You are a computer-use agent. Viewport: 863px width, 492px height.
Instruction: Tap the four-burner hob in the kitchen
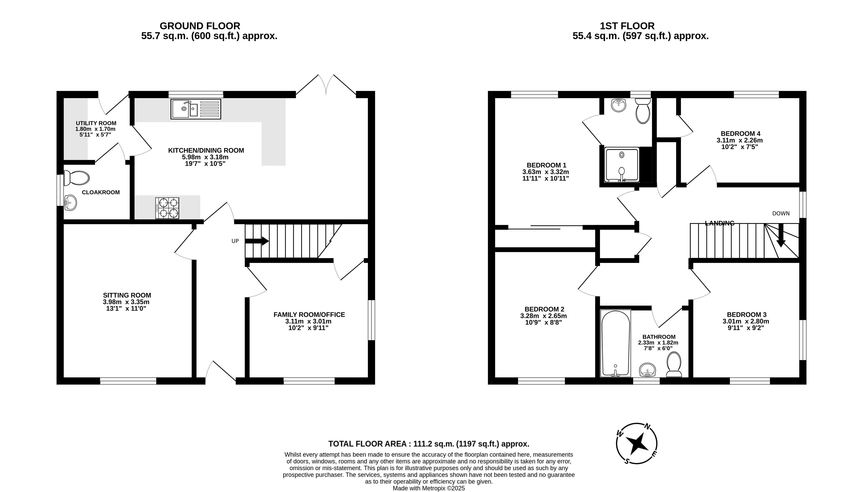(x=167, y=208)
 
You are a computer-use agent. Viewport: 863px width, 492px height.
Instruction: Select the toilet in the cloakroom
(x=76, y=178)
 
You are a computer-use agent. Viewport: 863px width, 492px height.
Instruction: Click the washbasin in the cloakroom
(x=70, y=203)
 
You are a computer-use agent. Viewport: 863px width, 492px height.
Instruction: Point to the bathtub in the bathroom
(x=615, y=343)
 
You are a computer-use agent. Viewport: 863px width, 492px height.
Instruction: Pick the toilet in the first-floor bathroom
(x=674, y=364)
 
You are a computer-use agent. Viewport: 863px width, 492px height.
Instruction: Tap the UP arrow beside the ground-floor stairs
(x=257, y=241)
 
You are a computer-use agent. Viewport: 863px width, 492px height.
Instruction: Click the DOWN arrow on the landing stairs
(x=781, y=235)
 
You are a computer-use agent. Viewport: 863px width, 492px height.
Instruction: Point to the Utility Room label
(x=96, y=123)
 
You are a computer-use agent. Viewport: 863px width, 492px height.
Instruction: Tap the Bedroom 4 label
(x=740, y=134)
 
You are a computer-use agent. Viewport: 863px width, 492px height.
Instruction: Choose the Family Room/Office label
(x=309, y=315)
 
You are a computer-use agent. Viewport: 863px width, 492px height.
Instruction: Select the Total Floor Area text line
(x=429, y=444)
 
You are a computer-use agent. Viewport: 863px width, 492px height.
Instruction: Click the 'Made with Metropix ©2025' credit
(x=429, y=488)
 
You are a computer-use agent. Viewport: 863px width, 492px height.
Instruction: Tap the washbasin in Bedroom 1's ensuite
(x=619, y=105)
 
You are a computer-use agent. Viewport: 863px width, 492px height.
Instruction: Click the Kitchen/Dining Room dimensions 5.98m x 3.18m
(x=205, y=157)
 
